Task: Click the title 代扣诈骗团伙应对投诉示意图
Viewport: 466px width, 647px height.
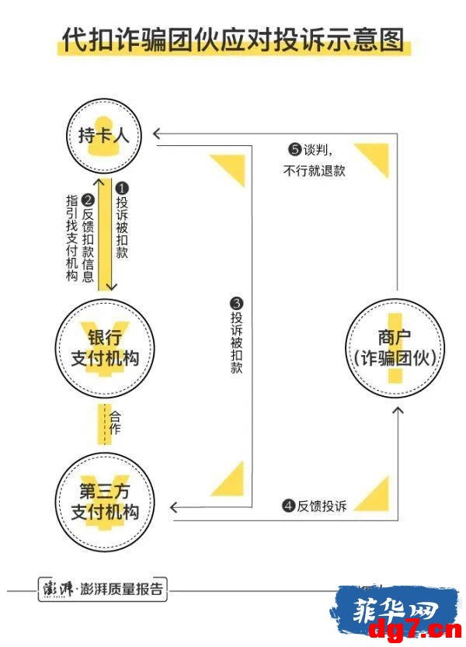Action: point(233,40)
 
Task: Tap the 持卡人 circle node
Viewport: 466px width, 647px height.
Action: point(103,135)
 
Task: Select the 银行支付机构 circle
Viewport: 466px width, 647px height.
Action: point(105,349)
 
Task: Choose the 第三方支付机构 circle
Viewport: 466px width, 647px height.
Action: point(105,502)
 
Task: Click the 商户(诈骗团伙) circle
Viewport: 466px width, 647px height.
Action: point(395,349)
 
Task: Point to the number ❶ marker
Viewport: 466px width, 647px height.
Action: point(122,189)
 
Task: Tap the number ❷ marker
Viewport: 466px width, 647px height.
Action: point(89,200)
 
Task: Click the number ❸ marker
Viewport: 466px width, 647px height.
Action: point(237,304)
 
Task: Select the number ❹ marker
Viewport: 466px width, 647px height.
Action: point(288,506)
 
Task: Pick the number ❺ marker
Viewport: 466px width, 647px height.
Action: point(294,149)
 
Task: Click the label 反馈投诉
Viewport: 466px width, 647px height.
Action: point(322,506)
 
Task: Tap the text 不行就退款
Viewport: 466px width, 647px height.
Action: point(314,170)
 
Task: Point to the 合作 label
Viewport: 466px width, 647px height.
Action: point(115,423)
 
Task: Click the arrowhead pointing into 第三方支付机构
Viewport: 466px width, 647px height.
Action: point(173,507)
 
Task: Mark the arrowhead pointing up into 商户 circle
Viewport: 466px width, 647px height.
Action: point(398,410)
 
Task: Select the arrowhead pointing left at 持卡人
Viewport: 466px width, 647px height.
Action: point(156,134)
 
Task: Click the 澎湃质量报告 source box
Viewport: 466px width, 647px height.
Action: point(103,589)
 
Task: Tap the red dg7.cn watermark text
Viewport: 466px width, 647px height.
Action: point(415,630)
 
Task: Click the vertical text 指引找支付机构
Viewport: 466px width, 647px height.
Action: point(71,238)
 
